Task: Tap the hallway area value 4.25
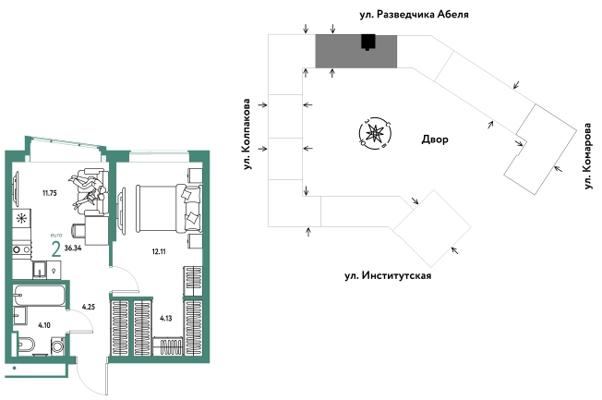pyautogui.click(x=90, y=307)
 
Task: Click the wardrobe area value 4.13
pyautogui.click(x=167, y=320)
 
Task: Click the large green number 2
pyautogui.click(x=56, y=248)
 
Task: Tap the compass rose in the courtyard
pyautogui.click(x=374, y=135)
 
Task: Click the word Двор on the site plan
pyautogui.click(x=434, y=140)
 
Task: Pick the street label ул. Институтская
pyautogui.click(x=388, y=275)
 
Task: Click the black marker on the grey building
pyautogui.click(x=368, y=42)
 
